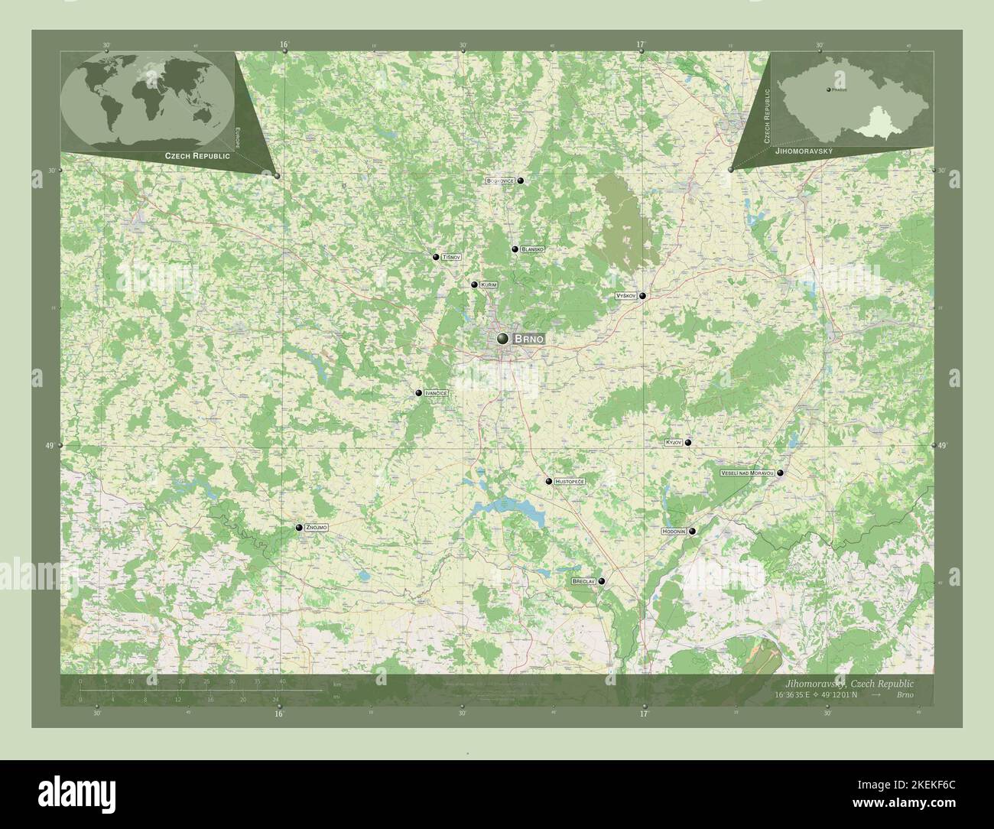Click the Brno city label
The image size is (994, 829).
click(529, 338)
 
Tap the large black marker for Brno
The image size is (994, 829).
click(503, 338)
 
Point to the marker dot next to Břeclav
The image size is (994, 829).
click(602, 582)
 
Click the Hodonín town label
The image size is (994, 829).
click(673, 531)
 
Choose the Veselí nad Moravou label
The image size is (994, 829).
click(747, 473)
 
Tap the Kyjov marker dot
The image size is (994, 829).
click(688, 443)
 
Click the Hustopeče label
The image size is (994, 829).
click(570, 481)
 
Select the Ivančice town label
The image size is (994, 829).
click(436, 393)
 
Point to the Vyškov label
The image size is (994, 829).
click(626, 295)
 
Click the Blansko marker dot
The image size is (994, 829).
click(515, 249)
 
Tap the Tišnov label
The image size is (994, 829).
click(452, 258)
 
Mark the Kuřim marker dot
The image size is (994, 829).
click(474, 284)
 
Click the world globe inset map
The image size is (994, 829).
click(146, 99)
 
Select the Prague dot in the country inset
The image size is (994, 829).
click(829, 91)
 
